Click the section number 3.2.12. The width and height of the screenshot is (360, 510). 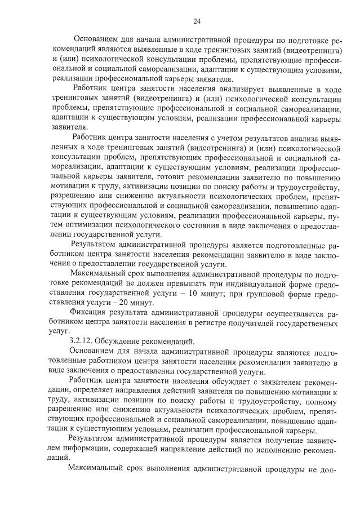tap(83, 340)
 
